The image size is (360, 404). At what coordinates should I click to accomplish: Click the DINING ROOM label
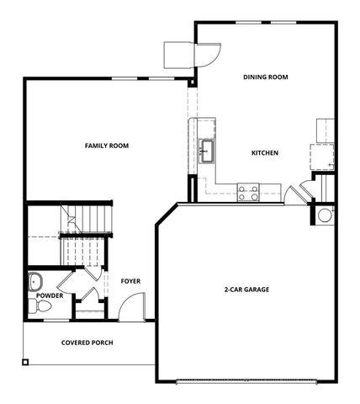point(266,77)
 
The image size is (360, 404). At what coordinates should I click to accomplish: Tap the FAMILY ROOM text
point(107,146)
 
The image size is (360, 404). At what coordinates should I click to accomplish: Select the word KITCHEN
point(265,153)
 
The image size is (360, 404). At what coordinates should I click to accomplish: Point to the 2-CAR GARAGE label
point(246,290)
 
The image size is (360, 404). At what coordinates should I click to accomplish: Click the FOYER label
point(130,281)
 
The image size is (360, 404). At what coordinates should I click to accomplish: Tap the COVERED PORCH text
point(87,343)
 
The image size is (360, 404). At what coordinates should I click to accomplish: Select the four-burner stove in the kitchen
point(248,193)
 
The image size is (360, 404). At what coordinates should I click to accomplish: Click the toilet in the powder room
point(41,307)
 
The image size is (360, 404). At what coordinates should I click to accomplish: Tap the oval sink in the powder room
point(37,280)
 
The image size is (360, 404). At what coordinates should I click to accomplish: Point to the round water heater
point(325,215)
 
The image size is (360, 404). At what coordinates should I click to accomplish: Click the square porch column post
point(26,363)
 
